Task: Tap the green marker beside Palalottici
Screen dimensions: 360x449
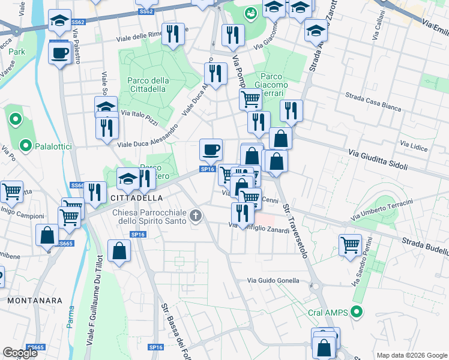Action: click(x=26, y=145)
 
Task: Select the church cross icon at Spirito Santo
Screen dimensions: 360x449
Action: click(x=195, y=215)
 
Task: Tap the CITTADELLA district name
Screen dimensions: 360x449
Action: click(x=136, y=197)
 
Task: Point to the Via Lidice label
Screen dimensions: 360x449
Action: click(x=412, y=145)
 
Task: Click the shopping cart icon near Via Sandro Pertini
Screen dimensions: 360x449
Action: click(x=350, y=244)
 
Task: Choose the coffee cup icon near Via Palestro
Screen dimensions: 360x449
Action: click(x=59, y=53)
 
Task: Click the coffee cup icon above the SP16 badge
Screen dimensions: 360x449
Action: click(x=211, y=149)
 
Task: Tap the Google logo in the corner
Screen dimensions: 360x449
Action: click(x=20, y=353)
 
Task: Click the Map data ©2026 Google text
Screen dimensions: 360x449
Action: click(x=411, y=355)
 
